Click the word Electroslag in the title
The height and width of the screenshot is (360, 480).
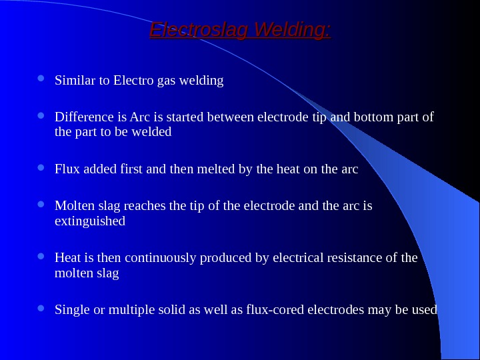tap(193, 31)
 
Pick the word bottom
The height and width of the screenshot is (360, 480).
tap(373, 117)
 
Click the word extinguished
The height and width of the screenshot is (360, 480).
tap(89, 220)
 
